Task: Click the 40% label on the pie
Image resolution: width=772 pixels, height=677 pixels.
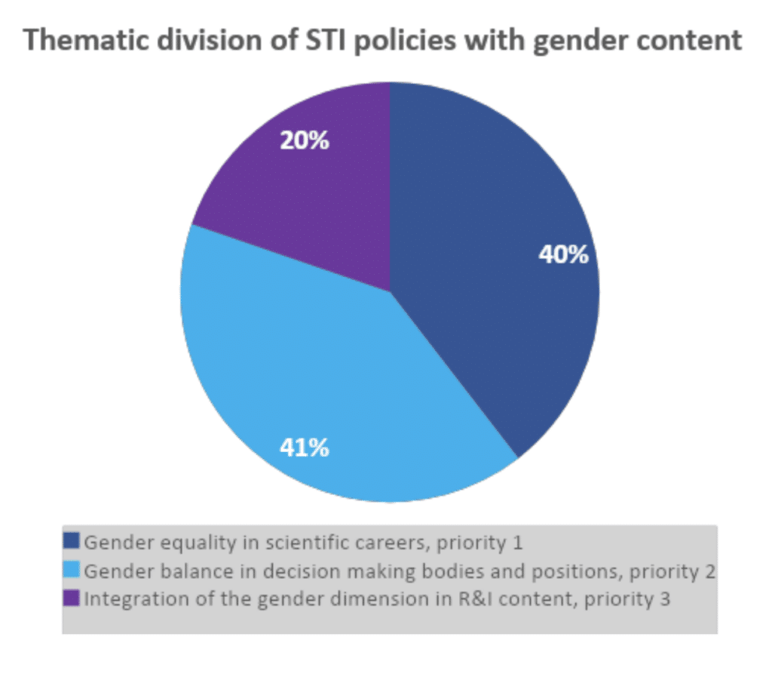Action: tap(563, 255)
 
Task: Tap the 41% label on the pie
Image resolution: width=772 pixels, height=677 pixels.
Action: tap(304, 448)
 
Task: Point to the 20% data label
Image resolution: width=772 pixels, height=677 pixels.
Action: tap(304, 140)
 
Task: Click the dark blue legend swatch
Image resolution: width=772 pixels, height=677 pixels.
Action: tap(72, 541)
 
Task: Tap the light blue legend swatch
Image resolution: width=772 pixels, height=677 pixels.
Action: tap(72, 571)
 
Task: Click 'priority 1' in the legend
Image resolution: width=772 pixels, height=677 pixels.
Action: tap(507, 542)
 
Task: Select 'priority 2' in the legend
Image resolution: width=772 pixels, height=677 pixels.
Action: tap(677, 571)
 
